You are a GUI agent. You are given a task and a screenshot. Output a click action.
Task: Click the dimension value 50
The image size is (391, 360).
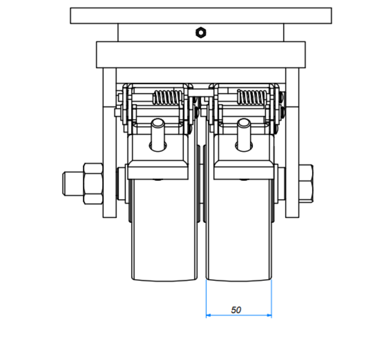click(236, 310)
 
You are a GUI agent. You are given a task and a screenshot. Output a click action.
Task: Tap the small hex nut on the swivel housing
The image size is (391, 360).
click(201, 32)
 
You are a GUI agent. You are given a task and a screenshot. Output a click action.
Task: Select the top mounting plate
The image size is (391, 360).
click(201, 15)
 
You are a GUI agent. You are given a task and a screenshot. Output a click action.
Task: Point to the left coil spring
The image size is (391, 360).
click(167, 97)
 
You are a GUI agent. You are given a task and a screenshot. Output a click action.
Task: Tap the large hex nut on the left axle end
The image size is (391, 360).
click(92, 184)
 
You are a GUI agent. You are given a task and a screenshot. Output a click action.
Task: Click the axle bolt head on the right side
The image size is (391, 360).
click(306, 184)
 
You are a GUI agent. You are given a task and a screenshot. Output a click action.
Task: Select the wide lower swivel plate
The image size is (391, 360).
click(201, 54)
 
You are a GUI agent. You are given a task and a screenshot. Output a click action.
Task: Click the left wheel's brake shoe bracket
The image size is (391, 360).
click(157, 170)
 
